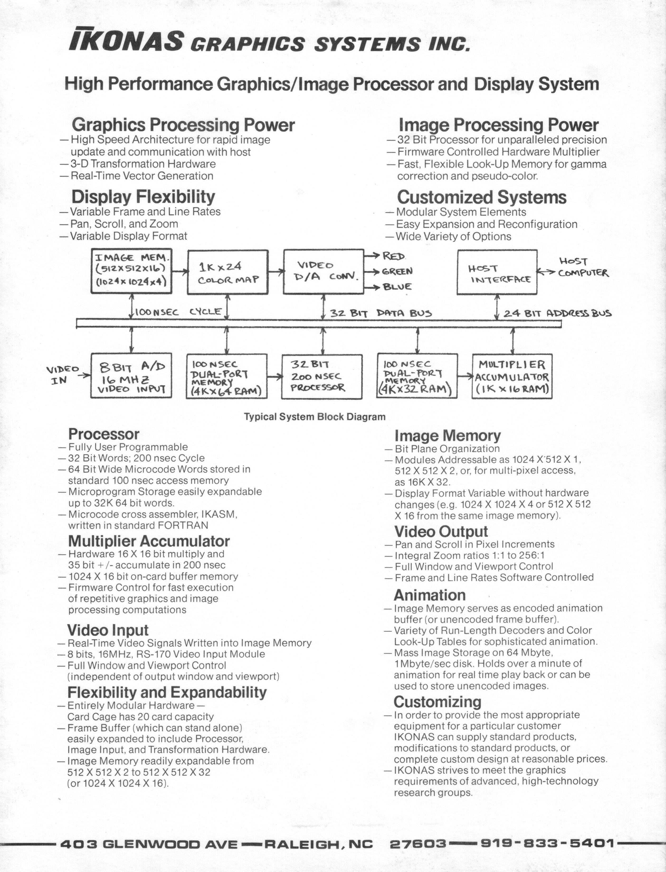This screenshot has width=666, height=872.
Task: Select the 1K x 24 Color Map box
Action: [227, 272]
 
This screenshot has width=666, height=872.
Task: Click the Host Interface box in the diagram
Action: [497, 272]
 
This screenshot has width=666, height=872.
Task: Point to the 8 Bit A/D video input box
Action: [132, 375]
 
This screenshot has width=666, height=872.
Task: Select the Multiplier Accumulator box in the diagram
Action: [512, 376]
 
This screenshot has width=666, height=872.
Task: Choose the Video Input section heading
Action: [108, 630]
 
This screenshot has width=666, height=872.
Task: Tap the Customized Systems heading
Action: [482, 197]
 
